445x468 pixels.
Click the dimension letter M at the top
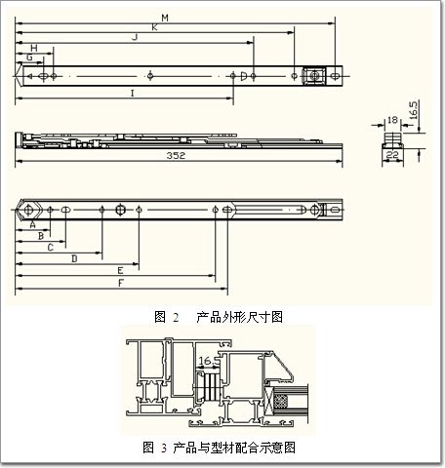[x=165, y=18]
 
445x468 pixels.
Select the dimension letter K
[x=154, y=27]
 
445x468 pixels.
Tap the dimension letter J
[x=135, y=37]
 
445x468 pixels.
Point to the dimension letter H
[x=34, y=48]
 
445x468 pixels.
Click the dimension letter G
[x=29, y=58]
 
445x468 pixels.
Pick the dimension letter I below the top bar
[x=132, y=94]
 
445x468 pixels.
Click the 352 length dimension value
[x=176, y=156]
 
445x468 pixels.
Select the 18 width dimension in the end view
[x=392, y=120]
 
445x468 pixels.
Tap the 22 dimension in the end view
[x=392, y=155]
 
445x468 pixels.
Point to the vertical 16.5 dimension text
[x=413, y=110]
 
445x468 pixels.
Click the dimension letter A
[x=32, y=224]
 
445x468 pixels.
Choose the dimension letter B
[x=41, y=236]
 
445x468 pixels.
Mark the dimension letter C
[x=51, y=248]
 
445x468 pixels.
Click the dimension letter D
[x=74, y=258]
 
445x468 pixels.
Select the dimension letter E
[x=120, y=270]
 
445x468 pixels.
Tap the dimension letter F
[x=121, y=283]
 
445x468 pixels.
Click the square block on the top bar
[x=314, y=76]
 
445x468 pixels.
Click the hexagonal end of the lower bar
[x=28, y=210]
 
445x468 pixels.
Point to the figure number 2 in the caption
[x=176, y=317]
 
